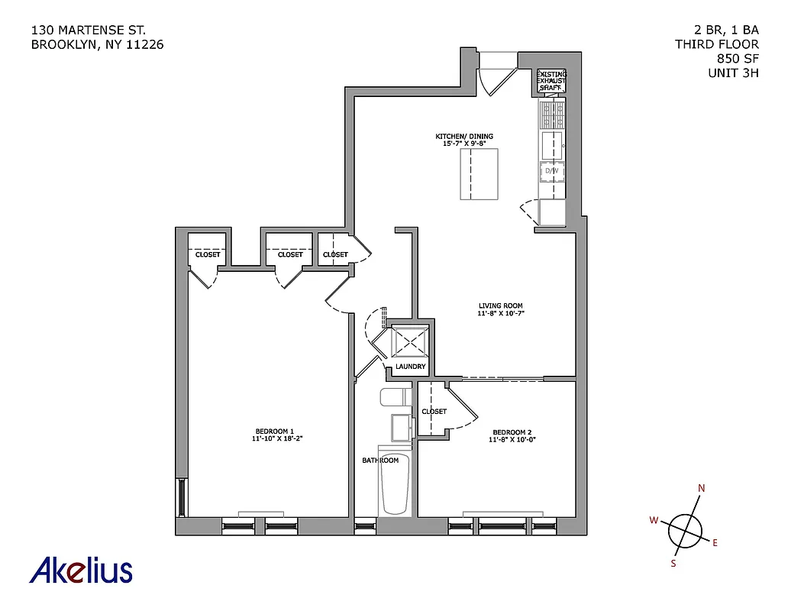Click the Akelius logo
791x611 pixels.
coord(81,570)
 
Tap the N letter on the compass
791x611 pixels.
coord(702,490)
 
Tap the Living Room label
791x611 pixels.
coord(501,309)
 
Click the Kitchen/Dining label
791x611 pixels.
coord(463,140)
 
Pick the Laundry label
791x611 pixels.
coord(411,367)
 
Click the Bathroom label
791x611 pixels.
coord(380,461)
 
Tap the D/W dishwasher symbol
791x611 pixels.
coord(552,171)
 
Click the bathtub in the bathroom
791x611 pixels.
coord(395,484)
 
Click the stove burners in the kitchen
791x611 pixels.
coord(552,116)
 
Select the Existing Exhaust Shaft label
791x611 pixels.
coord(551,81)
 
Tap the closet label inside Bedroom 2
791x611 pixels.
coord(434,412)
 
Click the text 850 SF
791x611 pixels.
coord(738,59)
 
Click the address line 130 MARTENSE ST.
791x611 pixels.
coord(89,31)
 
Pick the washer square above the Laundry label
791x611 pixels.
coord(410,341)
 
